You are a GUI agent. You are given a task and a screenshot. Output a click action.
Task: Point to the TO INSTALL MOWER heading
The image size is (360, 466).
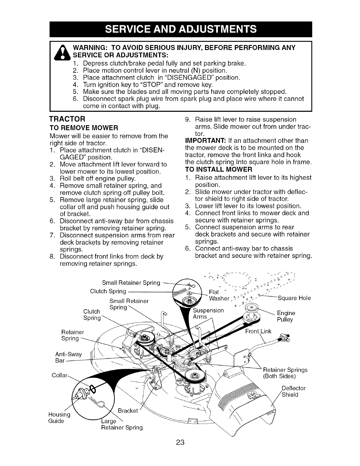(219, 169)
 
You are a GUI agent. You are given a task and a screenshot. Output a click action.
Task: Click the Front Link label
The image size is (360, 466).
(258, 332)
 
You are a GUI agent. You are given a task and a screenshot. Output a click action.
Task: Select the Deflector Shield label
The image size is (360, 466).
(293, 391)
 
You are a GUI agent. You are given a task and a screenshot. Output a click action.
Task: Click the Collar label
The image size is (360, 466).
(60, 376)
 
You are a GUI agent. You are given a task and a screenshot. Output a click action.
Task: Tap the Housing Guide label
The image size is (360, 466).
(59, 418)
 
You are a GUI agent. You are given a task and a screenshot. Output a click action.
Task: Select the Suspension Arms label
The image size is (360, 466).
(208, 314)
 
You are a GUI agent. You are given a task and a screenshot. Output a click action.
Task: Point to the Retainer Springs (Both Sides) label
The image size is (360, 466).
(285, 373)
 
